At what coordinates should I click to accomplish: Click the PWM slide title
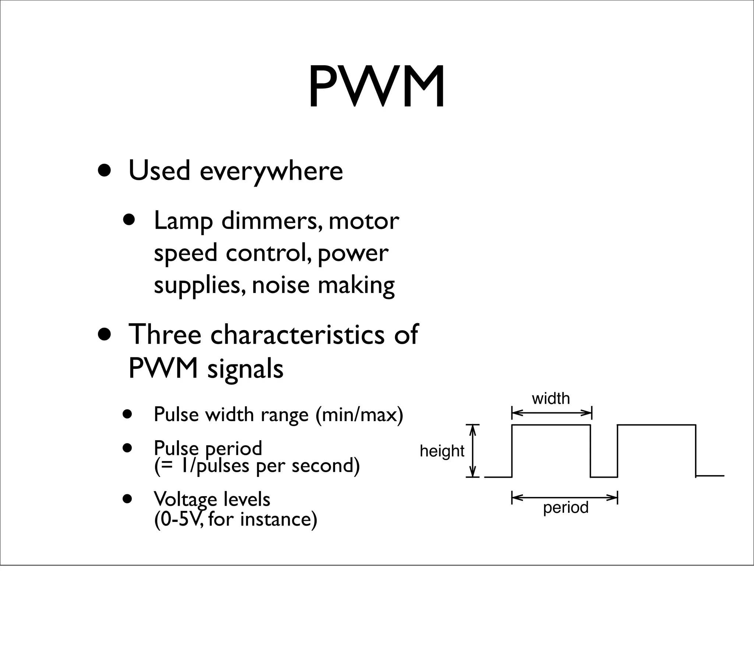[376, 87]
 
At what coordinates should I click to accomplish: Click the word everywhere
[271, 172]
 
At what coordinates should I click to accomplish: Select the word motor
[364, 222]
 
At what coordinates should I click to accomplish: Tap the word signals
[245, 370]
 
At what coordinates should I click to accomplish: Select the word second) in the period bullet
[325, 466]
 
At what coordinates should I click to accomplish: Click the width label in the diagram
[551, 399]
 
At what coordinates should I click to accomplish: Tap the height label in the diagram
[442, 451]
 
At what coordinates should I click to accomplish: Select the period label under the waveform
[565, 508]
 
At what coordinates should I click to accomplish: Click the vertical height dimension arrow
[473, 451]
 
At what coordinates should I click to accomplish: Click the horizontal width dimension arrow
[552, 413]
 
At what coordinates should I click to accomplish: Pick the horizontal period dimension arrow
[564, 498]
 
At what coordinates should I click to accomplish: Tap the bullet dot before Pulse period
[127, 449]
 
